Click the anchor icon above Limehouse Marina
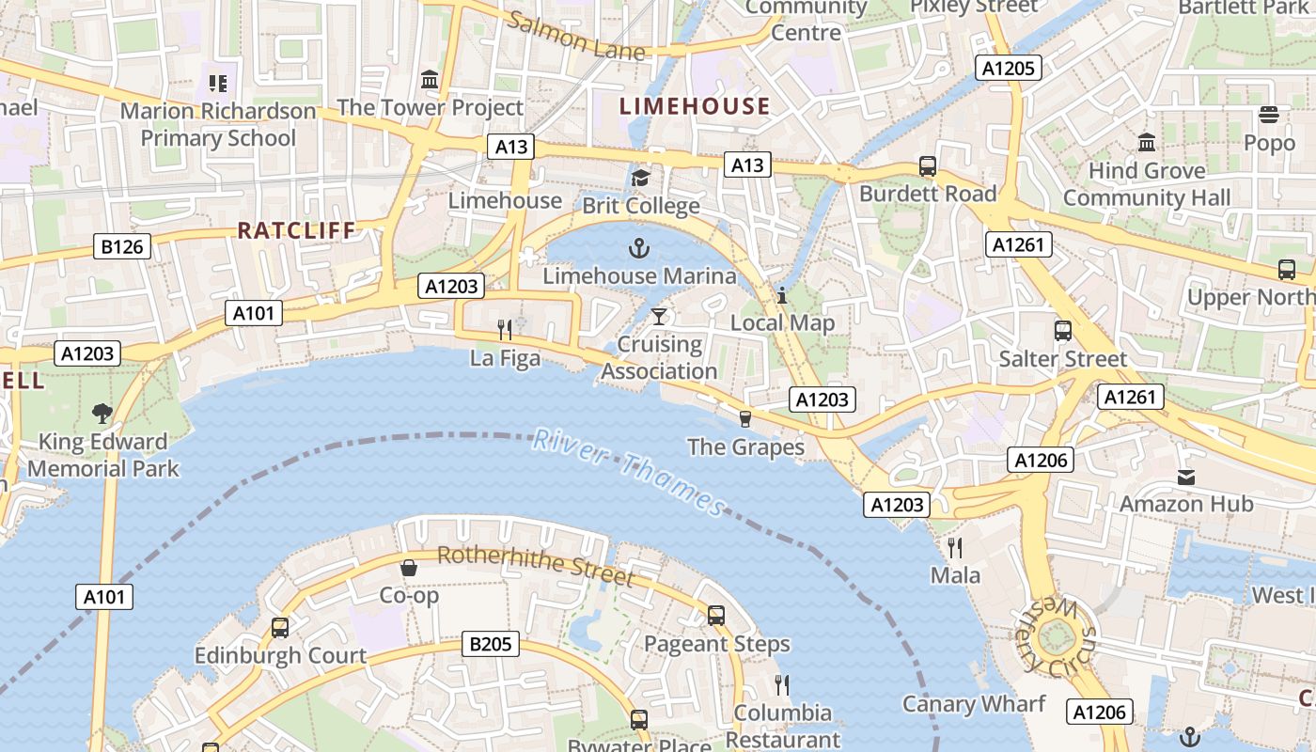pyautogui.click(x=639, y=248)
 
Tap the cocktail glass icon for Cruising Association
pyautogui.click(x=659, y=316)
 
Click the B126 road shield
pyautogui.click(x=123, y=247)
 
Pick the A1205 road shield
pyautogui.click(x=1010, y=68)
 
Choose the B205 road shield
pyautogui.click(x=491, y=644)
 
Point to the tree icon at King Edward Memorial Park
pyautogui.click(x=102, y=413)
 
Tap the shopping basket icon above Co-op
pyautogui.click(x=409, y=568)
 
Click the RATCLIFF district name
pyautogui.click(x=296, y=230)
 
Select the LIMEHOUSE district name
pyautogui.click(x=695, y=106)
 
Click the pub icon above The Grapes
pyautogui.click(x=745, y=418)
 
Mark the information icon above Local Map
pyautogui.click(x=781, y=295)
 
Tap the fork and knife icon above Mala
pyautogui.click(x=955, y=547)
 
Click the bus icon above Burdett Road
pyautogui.click(x=928, y=166)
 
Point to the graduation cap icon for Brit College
pyautogui.click(x=640, y=178)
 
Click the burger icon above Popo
pyautogui.click(x=1269, y=116)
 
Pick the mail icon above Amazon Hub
pyautogui.click(x=1186, y=477)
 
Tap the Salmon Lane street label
pyautogui.click(x=576, y=37)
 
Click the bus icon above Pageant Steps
pyautogui.click(x=716, y=616)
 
